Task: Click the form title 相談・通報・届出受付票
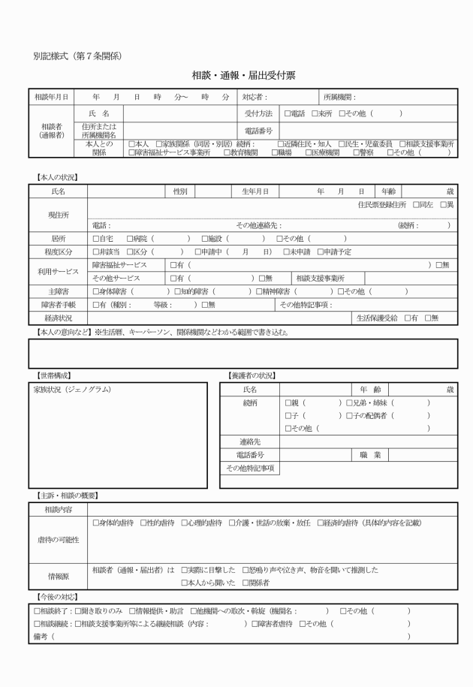236,76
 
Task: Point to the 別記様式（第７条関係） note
78,56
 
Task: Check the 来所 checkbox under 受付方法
316,113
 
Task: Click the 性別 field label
180,192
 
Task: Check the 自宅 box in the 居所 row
95,238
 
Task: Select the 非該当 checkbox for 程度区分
95,252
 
